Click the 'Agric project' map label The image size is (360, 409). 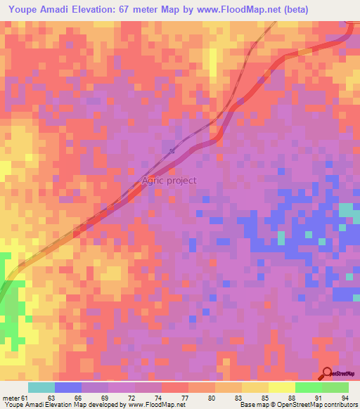pyautogui.click(x=169, y=181)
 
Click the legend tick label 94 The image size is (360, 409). pyautogui.click(x=345, y=398)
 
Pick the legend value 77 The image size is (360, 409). pyautogui.click(x=185, y=398)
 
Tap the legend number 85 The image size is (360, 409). pyautogui.click(x=265, y=398)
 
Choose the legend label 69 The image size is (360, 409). pyautogui.click(x=104, y=398)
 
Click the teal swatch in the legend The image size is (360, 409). pyautogui.click(x=41, y=387)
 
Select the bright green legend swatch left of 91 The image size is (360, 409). pyautogui.click(x=309, y=387)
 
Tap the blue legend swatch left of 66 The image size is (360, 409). pyautogui.click(x=68, y=387)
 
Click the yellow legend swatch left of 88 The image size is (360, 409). pyautogui.click(x=282, y=387)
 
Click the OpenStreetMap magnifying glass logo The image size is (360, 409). pyautogui.click(x=327, y=374)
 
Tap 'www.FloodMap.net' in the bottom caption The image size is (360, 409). pyautogui.click(x=155, y=405)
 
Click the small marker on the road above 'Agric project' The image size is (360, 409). pyautogui.click(x=172, y=150)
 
